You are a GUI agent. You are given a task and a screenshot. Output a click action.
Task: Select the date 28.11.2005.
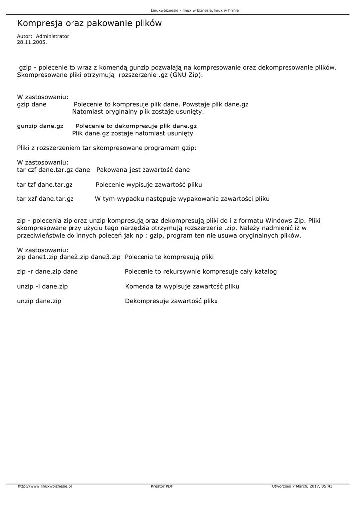(32, 42)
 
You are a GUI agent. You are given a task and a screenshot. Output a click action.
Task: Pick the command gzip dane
(32, 105)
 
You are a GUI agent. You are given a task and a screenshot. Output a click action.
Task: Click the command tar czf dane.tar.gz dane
(54, 170)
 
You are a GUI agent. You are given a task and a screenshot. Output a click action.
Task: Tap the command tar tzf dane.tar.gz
(45, 184)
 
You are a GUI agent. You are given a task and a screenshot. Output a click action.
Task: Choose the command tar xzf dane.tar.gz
(45, 199)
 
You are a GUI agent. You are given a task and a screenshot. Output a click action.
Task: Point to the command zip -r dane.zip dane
(48, 272)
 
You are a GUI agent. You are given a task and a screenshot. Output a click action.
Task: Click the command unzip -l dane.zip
(43, 286)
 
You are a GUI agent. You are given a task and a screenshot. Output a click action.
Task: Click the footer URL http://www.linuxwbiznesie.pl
(45, 486)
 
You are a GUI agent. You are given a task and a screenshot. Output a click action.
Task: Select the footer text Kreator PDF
(162, 486)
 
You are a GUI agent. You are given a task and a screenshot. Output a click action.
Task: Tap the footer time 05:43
(327, 486)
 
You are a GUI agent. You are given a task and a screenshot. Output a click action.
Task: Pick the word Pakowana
(112, 170)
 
